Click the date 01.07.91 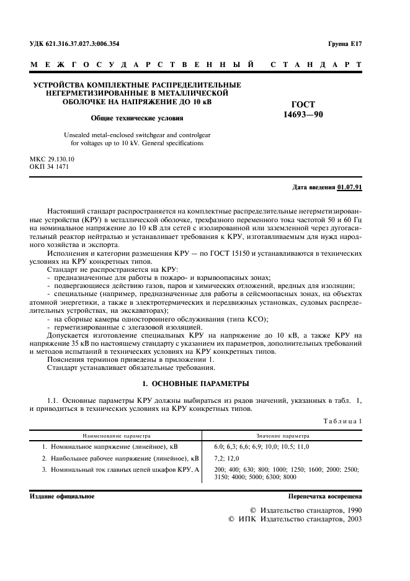351,187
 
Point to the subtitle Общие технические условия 137,117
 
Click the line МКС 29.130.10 56,159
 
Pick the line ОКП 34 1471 51,167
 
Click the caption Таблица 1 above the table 342,421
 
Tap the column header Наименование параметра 120,436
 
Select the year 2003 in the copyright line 349,520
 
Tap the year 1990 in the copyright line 349,510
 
